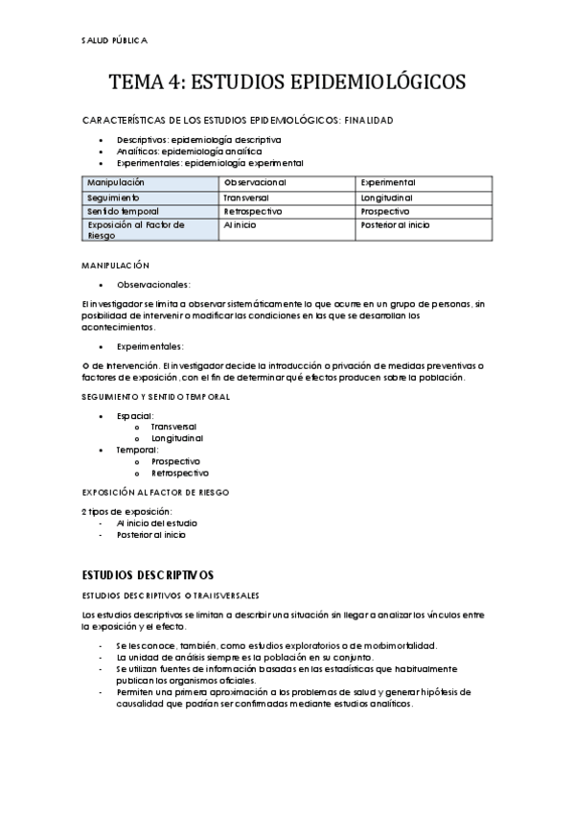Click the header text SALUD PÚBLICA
(x=115, y=40)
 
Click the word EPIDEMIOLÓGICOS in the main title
(x=367, y=82)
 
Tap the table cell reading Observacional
(x=255, y=181)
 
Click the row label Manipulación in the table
(x=116, y=181)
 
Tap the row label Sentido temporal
(x=123, y=210)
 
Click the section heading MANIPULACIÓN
(x=115, y=265)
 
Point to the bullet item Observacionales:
(x=153, y=284)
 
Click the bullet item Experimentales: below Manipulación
(x=150, y=346)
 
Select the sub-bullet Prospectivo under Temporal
(x=175, y=461)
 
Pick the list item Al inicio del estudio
(x=157, y=523)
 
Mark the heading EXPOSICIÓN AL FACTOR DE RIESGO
(x=154, y=492)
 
